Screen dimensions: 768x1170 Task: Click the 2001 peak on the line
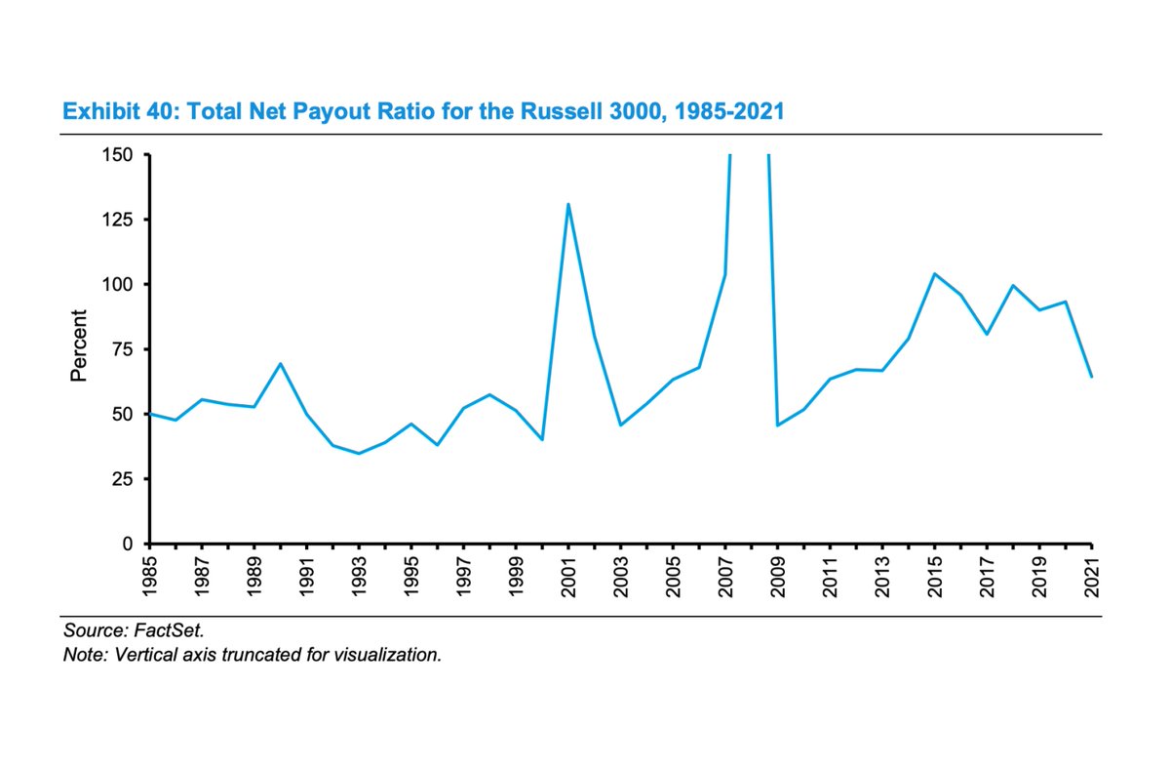point(568,204)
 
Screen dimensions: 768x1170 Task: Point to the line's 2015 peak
point(934,273)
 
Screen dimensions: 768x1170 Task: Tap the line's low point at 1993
point(359,453)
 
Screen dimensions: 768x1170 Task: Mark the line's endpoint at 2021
point(1091,377)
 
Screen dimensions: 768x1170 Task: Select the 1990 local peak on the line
point(281,363)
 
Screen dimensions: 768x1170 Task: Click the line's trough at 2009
point(777,425)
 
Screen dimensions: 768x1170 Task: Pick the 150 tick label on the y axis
point(122,154)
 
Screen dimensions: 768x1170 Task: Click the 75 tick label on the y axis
point(127,349)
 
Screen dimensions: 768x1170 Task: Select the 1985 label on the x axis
point(149,578)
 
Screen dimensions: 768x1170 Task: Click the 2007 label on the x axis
point(725,578)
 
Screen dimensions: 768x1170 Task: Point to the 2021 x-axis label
point(1092,578)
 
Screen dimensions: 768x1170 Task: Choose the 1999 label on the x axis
point(516,578)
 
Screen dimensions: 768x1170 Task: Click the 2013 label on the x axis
point(882,578)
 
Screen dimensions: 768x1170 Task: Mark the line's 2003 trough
point(620,424)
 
